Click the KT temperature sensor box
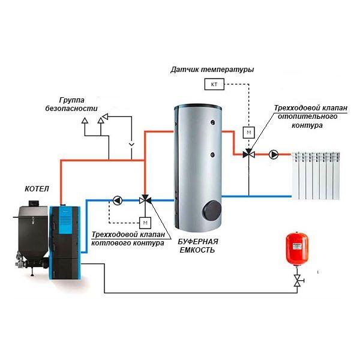coord(214,84)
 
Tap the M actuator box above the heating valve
coord(249,133)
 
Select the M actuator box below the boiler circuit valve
coord(145,223)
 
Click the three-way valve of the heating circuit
coord(248,154)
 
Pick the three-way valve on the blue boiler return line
coord(145,200)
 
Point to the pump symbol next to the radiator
coord(274,155)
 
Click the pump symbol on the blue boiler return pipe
coord(118,200)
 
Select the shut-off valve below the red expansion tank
coord(298,281)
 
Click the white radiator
coord(316,176)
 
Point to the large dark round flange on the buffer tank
coord(212,210)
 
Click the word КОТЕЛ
coord(37,189)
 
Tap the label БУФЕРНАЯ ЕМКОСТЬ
coord(198,245)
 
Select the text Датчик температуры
coord(212,70)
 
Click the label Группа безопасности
coord(71,104)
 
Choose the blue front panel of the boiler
coord(65,221)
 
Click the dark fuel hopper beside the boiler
coord(33,234)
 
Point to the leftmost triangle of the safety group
coord(85,120)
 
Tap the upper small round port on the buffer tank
coord(213,122)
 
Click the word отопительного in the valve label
coord(307,116)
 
